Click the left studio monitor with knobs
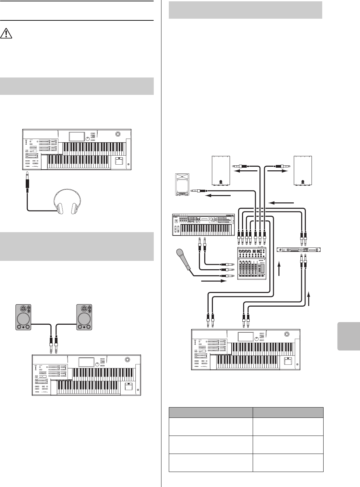click(23, 317)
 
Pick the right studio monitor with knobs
click(84, 317)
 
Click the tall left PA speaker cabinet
click(221, 170)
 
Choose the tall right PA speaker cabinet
click(303, 170)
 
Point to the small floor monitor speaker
click(182, 184)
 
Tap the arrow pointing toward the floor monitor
click(218, 196)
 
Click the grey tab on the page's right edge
click(349, 336)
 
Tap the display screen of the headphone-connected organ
click(77, 136)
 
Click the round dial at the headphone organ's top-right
click(117, 134)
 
